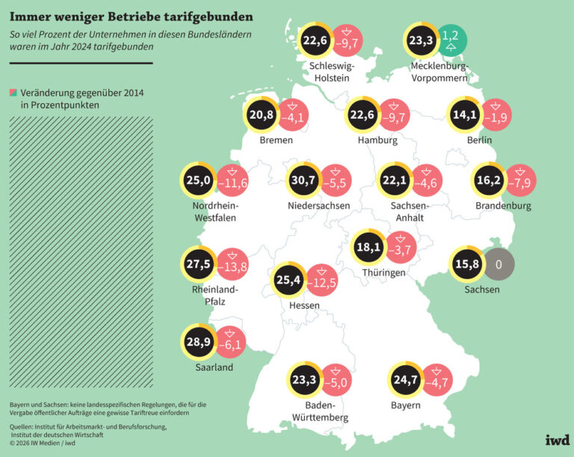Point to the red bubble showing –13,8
(x=232, y=265)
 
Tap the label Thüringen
(x=384, y=273)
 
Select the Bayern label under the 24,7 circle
(x=404, y=405)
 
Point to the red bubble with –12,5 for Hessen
(x=321, y=281)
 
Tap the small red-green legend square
(x=13, y=93)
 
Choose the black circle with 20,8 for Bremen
(x=262, y=115)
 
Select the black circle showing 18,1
(x=369, y=248)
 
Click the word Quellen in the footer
(x=25, y=427)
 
